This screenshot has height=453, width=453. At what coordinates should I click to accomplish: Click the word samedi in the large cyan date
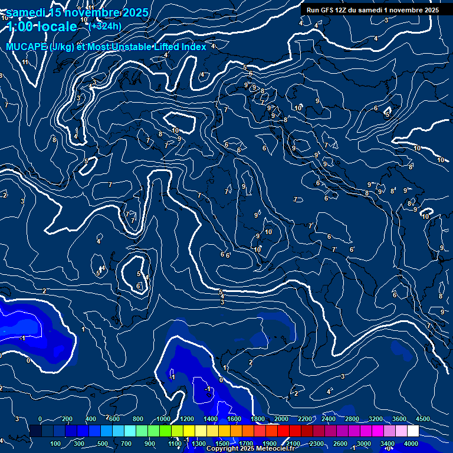click(x=29, y=12)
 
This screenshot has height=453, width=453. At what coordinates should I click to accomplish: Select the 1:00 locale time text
click(x=42, y=27)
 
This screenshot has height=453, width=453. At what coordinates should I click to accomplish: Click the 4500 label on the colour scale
click(x=423, y=419)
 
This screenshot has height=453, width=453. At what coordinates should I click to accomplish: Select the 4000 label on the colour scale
click(x=411, y=444)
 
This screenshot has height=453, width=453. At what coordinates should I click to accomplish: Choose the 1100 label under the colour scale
click(x=175, y=444)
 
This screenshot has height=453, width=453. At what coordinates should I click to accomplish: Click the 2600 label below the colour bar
click(x=340, y=444)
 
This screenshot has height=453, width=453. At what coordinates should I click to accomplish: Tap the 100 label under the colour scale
click(x=56, y=444)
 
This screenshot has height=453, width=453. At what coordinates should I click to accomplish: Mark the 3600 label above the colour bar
click(x=399, y=419)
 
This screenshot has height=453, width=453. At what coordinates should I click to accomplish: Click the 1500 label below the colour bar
click(x=222, y=444)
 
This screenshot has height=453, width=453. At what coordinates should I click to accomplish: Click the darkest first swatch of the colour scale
click(x=35, y=431)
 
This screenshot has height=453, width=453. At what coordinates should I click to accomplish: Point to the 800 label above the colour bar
click(x=138, y=419)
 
